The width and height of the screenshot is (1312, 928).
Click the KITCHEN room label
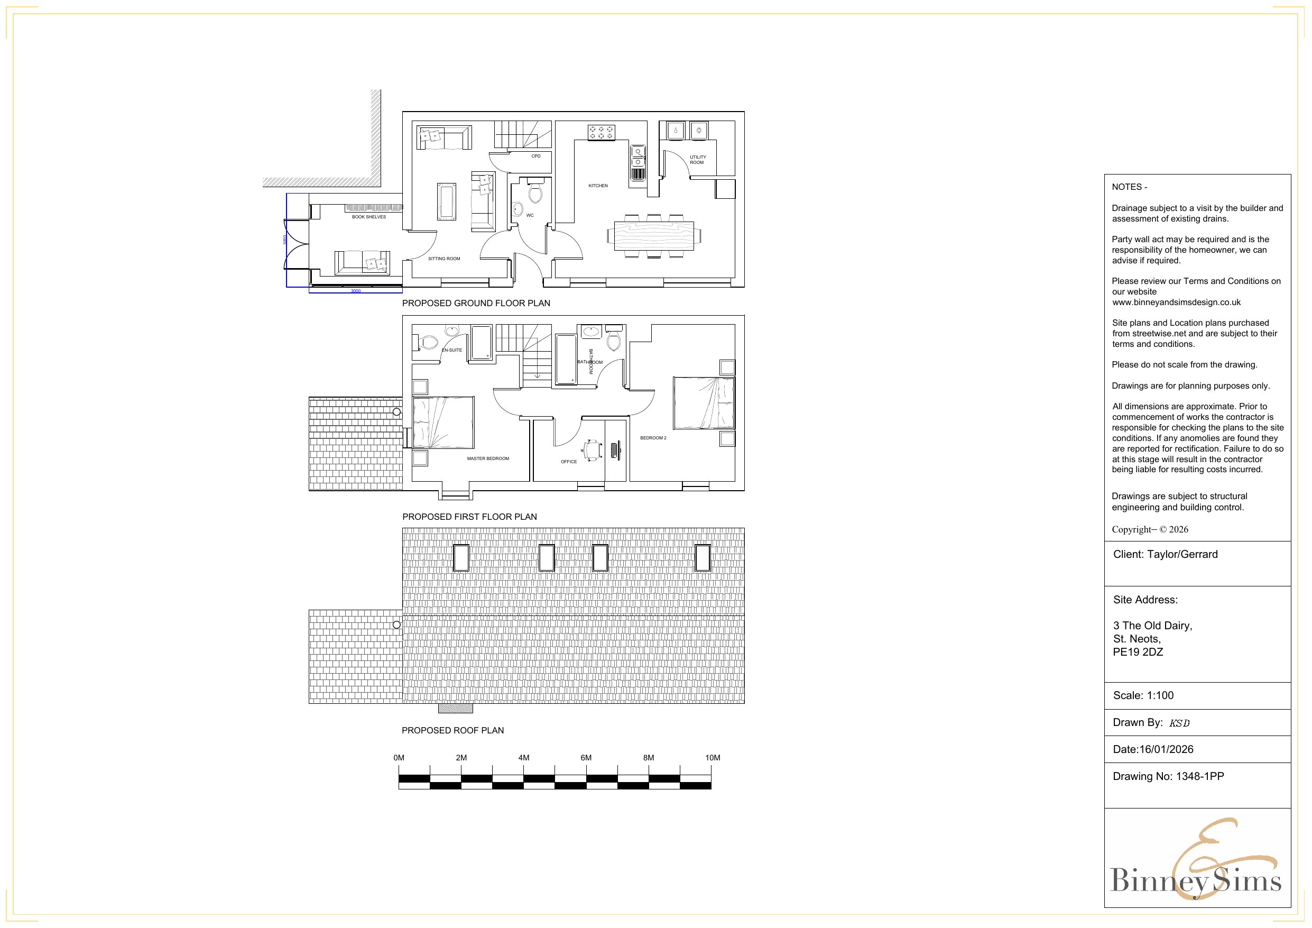[x=598, y=186]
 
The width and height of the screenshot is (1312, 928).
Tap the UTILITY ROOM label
[x=697, y=160]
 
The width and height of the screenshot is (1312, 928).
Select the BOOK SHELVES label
[x=368, y=217]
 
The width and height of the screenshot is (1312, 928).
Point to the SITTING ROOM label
[x=444, y=259]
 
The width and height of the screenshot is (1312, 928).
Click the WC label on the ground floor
[x=530, y=216]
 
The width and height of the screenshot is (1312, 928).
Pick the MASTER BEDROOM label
[x=487, y=458]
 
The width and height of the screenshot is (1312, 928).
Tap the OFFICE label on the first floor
[x=569, y=462]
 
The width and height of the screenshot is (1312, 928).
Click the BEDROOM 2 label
[x=653, y=438]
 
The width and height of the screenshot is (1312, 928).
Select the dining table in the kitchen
[x=654, y=236]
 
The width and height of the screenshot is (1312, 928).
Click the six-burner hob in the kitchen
[x=601, y=133]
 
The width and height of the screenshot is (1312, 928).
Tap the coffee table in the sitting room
[x=447, y=201]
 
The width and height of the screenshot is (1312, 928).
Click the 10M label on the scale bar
[x=712, y=758]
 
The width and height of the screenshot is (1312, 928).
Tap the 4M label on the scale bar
[x=523, y=758]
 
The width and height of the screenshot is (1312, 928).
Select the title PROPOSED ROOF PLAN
[x=452, y=730]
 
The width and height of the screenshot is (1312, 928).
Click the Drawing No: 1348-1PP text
[x=1168, y=776]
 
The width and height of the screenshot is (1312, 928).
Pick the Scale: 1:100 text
[x=1143, y=696]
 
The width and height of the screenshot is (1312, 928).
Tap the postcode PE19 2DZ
[x=1138, y=653]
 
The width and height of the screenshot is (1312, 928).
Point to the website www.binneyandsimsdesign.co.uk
[x=1176, y=302]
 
